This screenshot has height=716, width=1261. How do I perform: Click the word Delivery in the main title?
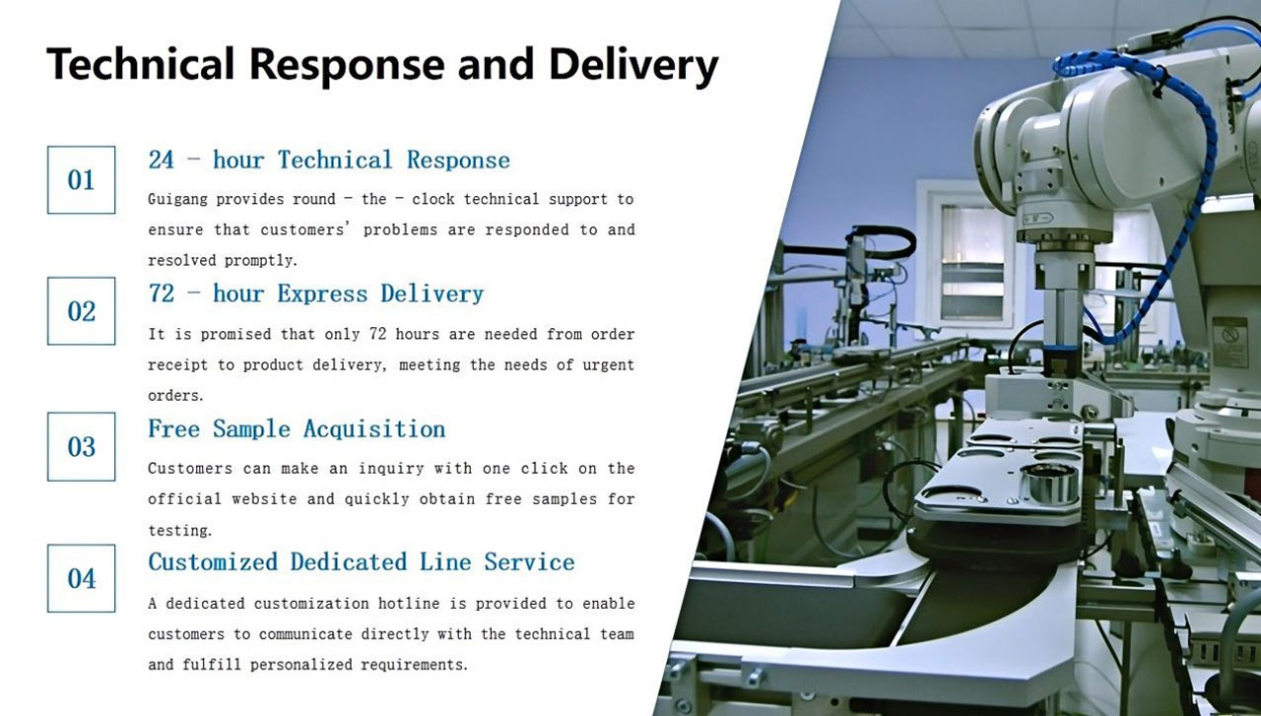point(633,65)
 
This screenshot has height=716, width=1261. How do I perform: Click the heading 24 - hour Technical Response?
point(329,161)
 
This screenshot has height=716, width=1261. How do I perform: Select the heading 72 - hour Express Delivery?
point(316,293)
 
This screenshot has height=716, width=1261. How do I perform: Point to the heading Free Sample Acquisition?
point(297,429)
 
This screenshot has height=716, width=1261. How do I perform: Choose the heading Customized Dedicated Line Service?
point(362,562)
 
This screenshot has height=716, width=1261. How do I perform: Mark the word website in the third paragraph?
point(264,499)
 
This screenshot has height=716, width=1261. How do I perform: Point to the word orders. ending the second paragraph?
point(175,396)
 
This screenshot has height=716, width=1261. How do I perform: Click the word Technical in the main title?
point(140,64)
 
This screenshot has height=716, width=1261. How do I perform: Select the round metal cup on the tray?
point(1049,483)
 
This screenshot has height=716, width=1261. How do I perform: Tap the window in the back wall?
point(973,263)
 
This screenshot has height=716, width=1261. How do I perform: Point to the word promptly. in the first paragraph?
point(261,261)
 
